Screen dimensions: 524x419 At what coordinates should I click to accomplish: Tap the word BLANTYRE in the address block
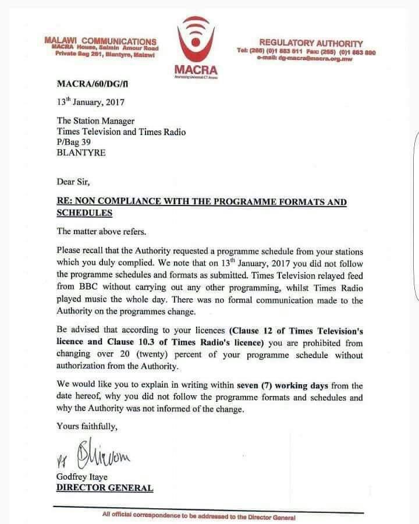point(81,154)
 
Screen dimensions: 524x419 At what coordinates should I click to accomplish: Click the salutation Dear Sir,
point(73,181)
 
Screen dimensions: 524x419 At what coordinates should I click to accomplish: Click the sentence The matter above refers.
point(100,231)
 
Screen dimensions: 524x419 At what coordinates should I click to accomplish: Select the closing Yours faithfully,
point(87,426)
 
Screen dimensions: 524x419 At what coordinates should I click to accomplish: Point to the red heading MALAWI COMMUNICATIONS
point(100,41)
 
